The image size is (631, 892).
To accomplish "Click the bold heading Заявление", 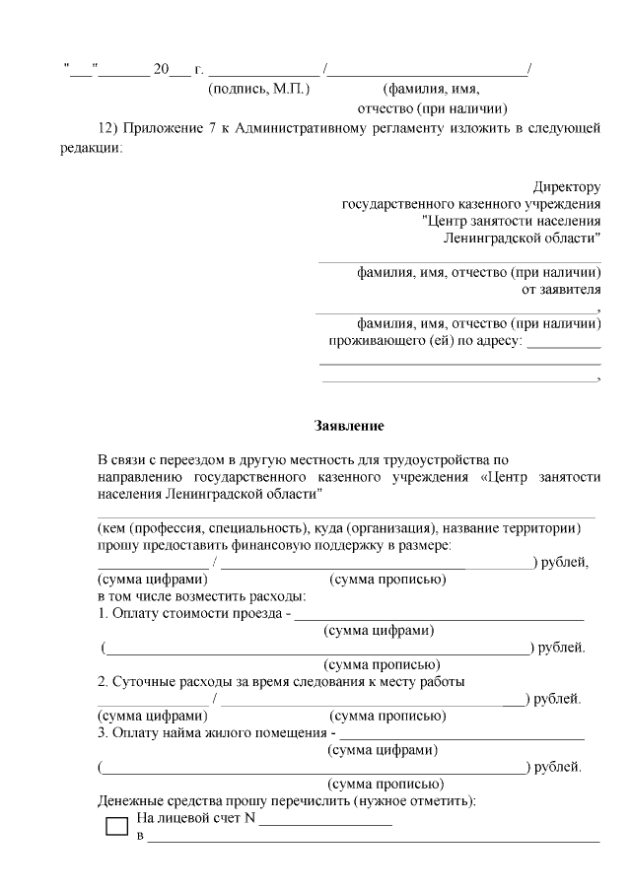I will pyautogui.click(x=348, y=427).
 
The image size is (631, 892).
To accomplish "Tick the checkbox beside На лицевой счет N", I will pyautogui.click(x=116, y=826).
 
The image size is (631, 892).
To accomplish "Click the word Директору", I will pyautogui.click(x=567, y=186).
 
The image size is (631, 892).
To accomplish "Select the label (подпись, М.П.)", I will pyautogui.click(x=259, y=89).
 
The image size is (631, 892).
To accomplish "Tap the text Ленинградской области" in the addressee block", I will pyautogui.click(x=523, y=240).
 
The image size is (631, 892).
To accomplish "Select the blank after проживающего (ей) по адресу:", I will pyautogui.click(x=564, y=345).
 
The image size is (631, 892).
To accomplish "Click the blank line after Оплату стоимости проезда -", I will pyautogui.click(x=440, y=616).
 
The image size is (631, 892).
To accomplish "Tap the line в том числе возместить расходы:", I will pyautogui.click(x=201, y=596).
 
